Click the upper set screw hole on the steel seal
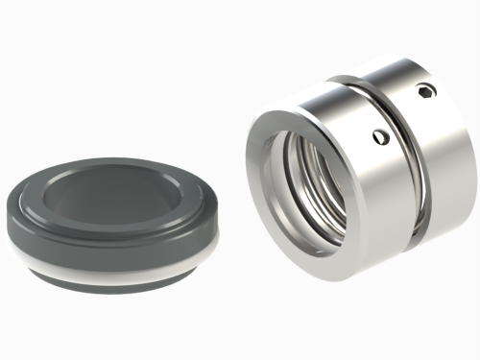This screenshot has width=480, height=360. [x=425, y=91]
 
